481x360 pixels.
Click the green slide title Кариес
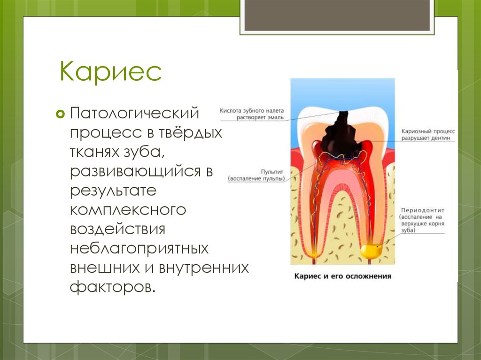point(110,71)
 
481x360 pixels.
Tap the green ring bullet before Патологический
point(61,114)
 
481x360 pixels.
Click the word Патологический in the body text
point(135,114)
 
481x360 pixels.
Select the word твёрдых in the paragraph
point(190,133)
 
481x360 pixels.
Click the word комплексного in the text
point(128,210)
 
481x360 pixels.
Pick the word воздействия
point(117,230)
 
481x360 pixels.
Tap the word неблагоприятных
point(139,249)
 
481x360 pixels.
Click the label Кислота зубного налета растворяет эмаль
point(252,114)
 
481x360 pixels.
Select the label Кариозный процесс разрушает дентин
point(428,134)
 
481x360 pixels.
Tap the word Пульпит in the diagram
point(272,172)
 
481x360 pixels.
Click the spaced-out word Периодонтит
point(423,210)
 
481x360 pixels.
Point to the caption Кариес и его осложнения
point(342,276)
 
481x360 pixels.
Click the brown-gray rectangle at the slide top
point(337,15)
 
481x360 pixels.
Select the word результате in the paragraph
point(113,191)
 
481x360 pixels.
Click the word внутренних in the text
point(203,268)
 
